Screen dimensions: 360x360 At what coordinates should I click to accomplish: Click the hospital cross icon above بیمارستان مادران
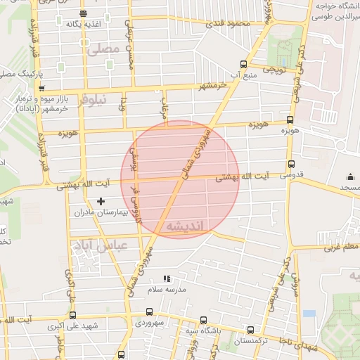point(101,202)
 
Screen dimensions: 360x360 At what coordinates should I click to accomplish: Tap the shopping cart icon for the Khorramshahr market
point(42,89)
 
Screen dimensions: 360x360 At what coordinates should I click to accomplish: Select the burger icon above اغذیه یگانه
point(84,13)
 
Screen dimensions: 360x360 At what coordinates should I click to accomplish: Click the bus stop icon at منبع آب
point(243,62)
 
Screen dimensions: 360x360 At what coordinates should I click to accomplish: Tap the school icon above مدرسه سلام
point(167,279)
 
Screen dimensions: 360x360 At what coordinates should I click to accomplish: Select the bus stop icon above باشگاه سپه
point(204,319)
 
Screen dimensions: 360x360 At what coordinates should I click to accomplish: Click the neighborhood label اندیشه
point(186,227)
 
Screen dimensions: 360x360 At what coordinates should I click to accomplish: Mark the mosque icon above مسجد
point(350,177)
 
